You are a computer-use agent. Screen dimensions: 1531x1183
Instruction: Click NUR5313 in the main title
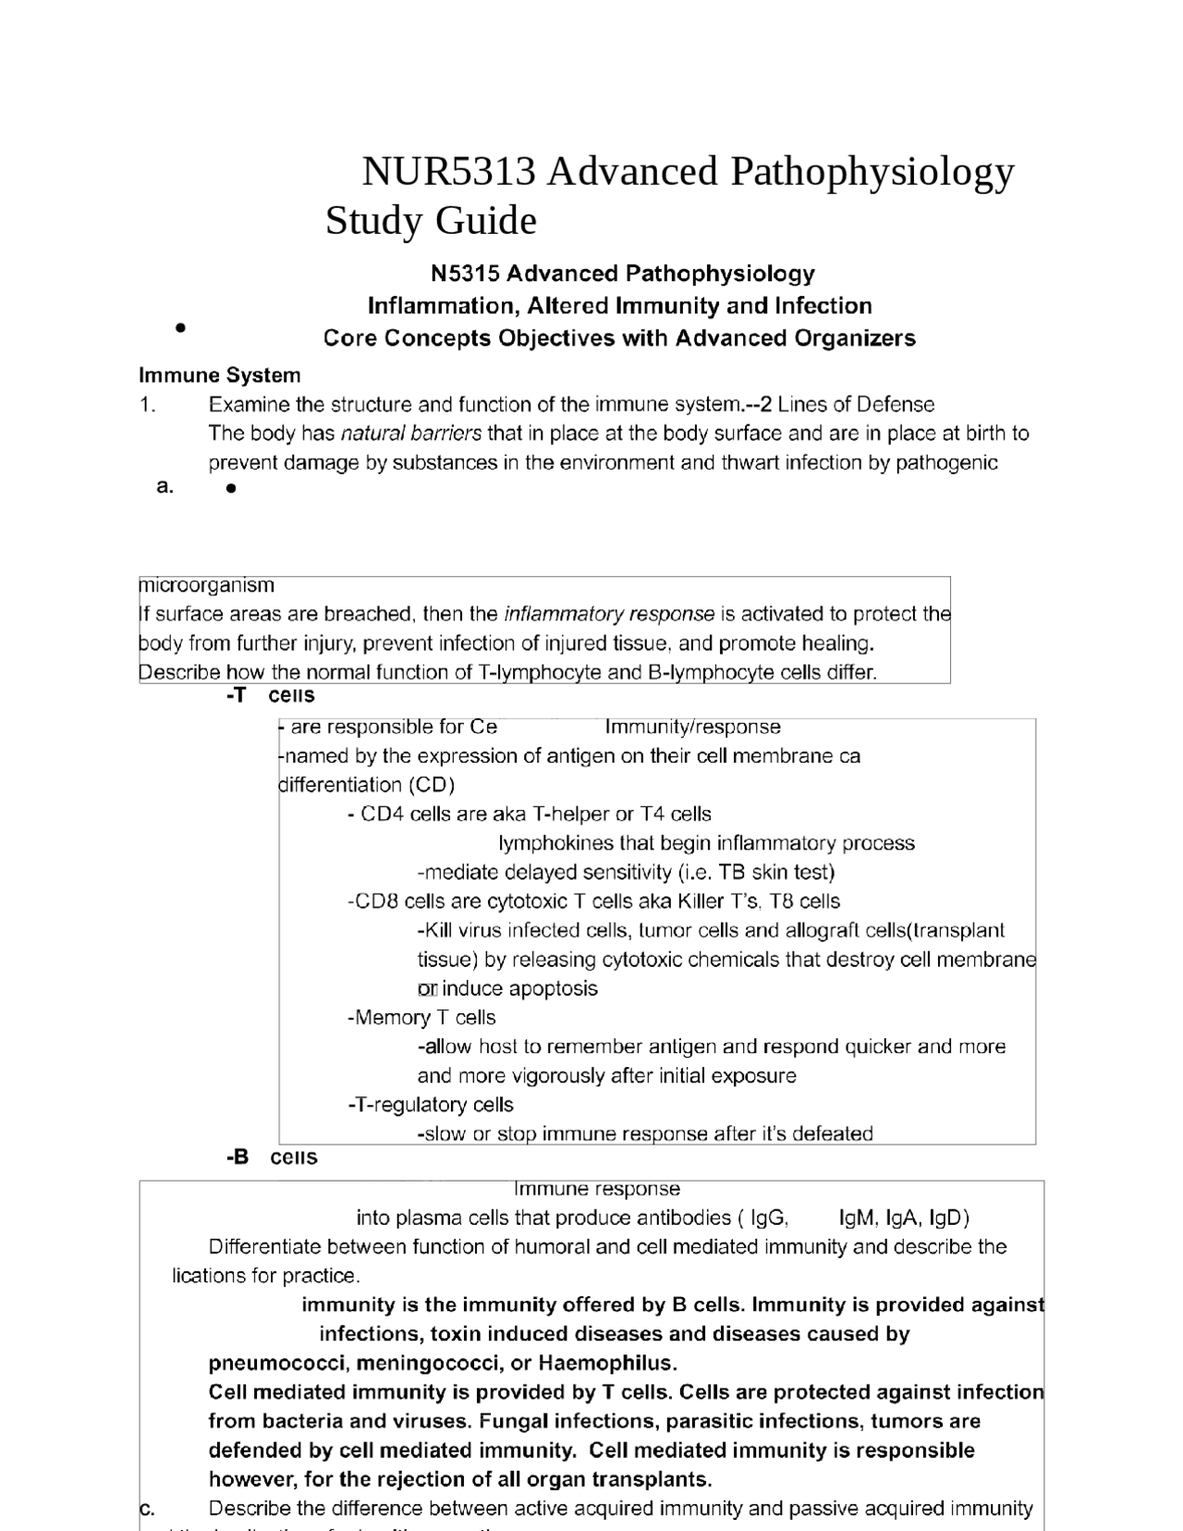pos(447,172)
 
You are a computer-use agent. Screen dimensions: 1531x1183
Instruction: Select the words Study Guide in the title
pos(431,221)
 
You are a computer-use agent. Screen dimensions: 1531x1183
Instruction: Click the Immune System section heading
pos(219,375)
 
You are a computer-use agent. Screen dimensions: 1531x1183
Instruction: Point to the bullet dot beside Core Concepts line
pos(180,327)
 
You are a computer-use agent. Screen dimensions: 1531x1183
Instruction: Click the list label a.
pos(165,486)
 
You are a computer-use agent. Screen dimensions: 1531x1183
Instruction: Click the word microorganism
pos(207,585)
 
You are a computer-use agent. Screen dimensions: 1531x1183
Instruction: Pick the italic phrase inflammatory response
pos(608,614)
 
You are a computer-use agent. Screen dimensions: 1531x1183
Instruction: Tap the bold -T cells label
pos(270,695)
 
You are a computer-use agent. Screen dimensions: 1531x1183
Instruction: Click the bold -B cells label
pos(272,1157)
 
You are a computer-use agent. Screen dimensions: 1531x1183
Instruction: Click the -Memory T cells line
pos(421,1018)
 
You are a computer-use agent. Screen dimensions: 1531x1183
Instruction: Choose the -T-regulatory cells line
pos(431,1105)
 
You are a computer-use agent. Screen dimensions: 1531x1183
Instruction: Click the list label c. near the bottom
pos(147,1509)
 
